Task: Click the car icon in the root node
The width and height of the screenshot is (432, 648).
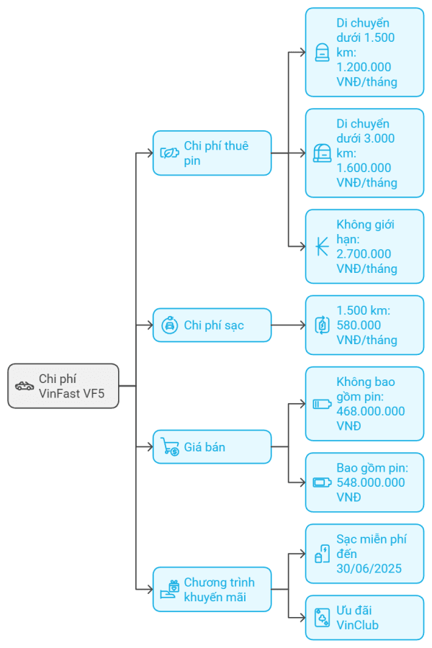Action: point(24,386)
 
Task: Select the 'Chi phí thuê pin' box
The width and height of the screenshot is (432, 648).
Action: point(212,153)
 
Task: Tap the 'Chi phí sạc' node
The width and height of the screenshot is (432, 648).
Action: point(212,325)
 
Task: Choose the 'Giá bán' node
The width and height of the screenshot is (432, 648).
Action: point(212,447)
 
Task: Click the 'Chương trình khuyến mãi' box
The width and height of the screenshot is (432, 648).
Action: point(212,589)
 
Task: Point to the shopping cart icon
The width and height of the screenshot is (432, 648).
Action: point(170,447)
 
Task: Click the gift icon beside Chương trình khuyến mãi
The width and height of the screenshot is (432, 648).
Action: point(170,590)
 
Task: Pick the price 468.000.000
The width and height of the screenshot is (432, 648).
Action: point(370,411)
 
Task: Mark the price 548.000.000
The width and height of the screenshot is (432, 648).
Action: point(370,482)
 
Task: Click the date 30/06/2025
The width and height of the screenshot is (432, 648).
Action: point(369,569)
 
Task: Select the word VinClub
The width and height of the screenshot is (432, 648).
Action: point(357,625)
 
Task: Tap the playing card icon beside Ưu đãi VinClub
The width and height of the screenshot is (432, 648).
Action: point(322,618)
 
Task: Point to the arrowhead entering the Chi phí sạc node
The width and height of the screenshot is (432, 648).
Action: point(148,325)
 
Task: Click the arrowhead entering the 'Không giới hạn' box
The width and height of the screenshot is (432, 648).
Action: point(301,246)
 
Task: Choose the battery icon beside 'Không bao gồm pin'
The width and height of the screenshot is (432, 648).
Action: point(322,404)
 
